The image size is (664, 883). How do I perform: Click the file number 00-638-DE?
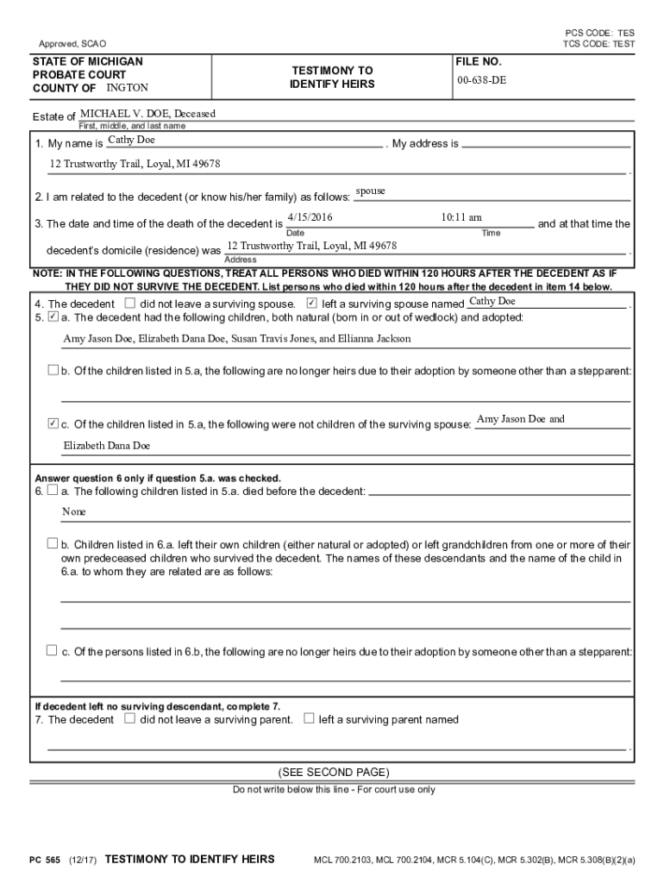[481, 80]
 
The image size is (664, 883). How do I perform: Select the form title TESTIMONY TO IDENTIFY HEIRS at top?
[332, 77]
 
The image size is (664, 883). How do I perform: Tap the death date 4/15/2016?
[309, 217]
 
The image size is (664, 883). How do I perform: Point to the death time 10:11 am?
[461, 217]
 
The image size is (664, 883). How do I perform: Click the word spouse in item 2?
[370, 191]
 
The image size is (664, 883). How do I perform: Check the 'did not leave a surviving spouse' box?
[129, 304]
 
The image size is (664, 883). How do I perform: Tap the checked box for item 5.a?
[53, 317]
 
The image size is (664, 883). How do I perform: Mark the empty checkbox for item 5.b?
[53, 371]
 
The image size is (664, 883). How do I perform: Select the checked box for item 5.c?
[53, 424]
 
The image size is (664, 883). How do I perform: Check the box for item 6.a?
[53, 491]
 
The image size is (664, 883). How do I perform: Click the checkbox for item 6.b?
[53, 544]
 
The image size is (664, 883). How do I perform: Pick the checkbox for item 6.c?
[53, 651]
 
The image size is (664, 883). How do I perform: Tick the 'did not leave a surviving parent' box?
[129, 718]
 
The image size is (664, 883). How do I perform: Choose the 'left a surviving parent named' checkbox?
[309, 718]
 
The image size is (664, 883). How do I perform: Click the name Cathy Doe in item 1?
[131, 140]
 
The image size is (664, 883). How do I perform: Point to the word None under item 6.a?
[74, 511]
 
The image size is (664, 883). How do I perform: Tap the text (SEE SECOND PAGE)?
[332, 772]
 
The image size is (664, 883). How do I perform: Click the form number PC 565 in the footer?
[45, 859]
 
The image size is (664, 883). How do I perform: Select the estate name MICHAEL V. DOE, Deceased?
[147, 114]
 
